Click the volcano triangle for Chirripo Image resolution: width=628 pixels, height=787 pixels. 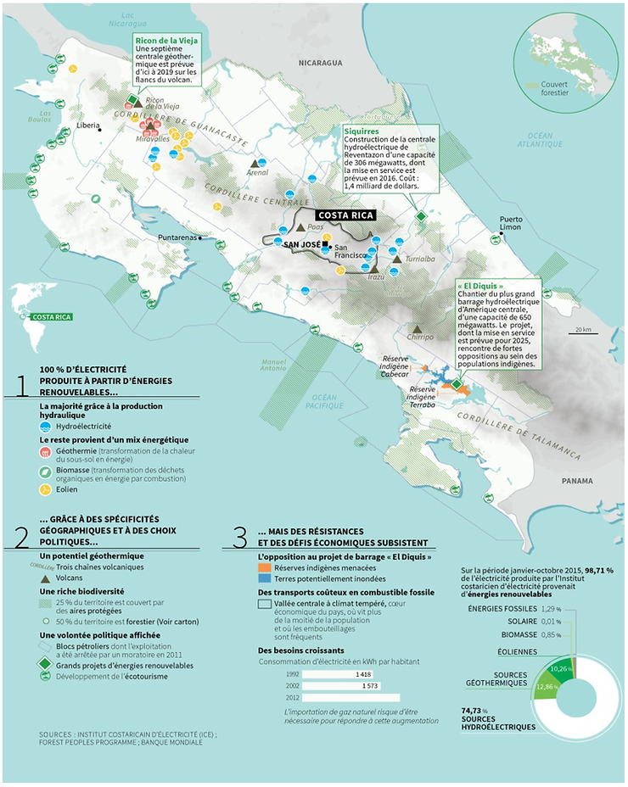[417, 328]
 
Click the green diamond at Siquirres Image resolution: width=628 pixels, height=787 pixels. [420, 217]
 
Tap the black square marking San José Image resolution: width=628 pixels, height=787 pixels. [325, 245]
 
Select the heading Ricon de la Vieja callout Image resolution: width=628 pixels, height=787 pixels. [165, 40]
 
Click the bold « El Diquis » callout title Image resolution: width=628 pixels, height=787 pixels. [485, 286]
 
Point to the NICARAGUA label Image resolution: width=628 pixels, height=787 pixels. [319, 63]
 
